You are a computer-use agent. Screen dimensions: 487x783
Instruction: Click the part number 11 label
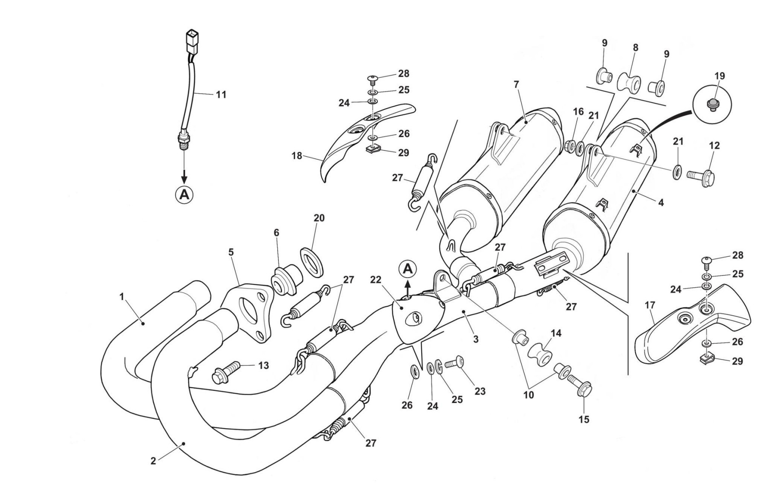click(220, 94)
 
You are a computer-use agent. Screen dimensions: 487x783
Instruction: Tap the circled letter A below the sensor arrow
click(184, 194)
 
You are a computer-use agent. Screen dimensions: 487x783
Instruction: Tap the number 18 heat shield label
click(296, 156)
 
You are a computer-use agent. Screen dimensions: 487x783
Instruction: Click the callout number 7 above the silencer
click(516, 84)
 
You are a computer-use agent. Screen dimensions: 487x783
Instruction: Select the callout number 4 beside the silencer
click(661, 203)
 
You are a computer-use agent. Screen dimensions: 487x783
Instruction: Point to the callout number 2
click(153, 461)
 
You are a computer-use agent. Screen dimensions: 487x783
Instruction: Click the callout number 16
click(578, 112)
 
